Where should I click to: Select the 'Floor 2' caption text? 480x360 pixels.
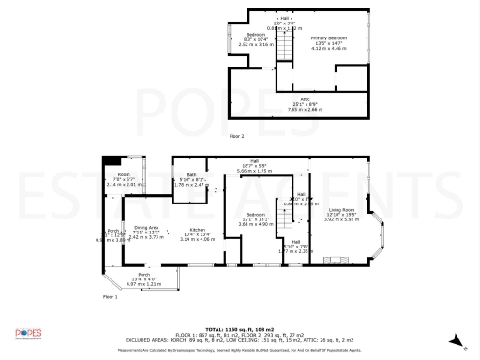tap(236, 136)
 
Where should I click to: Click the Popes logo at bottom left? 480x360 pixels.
tap(29, 333)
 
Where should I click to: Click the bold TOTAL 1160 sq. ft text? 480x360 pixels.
tap(240, 329)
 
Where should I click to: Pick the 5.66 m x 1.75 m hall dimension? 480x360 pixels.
tap(254, 172)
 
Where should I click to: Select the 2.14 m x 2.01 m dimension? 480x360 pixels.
tap(124, 185)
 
